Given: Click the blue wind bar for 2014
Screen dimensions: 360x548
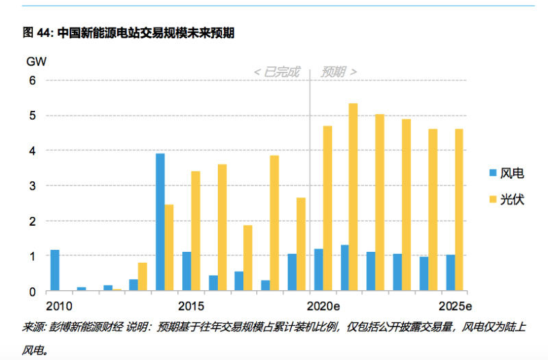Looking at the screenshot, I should (160, 222).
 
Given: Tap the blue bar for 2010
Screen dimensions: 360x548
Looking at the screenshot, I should (55, 271).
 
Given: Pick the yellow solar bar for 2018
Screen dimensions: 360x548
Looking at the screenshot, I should (274, 223).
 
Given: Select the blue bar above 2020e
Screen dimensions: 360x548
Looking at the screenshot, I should (319, 270).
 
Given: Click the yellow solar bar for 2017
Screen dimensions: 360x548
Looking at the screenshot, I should (248, 258).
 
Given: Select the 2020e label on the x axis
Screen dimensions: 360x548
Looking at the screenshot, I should (324, 305).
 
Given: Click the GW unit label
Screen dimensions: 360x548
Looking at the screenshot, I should (36, 61).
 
